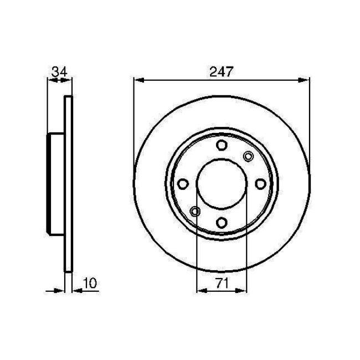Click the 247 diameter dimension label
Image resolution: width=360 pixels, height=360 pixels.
click(x=222, y=71)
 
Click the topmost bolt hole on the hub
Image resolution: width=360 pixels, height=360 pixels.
click(x=222, y=146)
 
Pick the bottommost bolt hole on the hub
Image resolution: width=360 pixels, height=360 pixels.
click(x=222, y=223)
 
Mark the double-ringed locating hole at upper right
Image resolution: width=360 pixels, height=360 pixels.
click(x=248, y=157)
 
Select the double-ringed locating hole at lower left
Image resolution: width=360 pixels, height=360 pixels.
click(x=194, y=211)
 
